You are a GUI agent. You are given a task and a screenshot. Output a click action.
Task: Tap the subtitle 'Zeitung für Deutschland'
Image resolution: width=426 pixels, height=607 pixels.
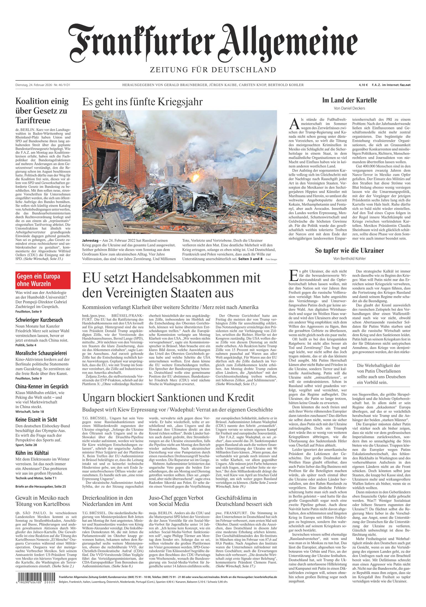pos(212,69)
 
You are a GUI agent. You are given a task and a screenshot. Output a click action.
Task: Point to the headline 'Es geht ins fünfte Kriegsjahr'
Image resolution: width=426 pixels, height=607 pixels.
pos(142,102)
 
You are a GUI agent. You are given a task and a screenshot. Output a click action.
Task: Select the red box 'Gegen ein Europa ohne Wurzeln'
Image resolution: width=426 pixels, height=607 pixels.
pos(43,280)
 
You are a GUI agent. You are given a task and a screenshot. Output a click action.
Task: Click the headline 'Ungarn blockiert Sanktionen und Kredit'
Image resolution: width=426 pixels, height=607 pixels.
pos(168,398)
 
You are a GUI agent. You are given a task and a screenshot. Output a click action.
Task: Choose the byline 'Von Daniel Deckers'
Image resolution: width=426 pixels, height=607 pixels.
pos(349,108)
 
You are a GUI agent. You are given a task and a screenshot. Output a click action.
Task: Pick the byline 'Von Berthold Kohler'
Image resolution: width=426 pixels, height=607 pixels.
pos(349,259)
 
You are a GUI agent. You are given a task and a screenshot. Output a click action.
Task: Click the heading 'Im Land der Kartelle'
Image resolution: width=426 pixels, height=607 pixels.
pos(349,100)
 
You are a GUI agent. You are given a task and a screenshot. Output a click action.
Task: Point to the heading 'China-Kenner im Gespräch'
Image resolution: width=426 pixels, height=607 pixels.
pos(42,386)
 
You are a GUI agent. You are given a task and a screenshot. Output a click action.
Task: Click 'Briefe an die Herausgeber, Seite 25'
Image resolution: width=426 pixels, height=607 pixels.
pos(41,486)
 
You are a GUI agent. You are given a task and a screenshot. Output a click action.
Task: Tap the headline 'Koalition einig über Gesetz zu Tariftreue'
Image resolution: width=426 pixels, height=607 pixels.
pos(42,111)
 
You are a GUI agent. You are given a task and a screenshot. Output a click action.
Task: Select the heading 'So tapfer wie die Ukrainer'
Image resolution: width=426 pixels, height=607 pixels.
pos(349,251)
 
